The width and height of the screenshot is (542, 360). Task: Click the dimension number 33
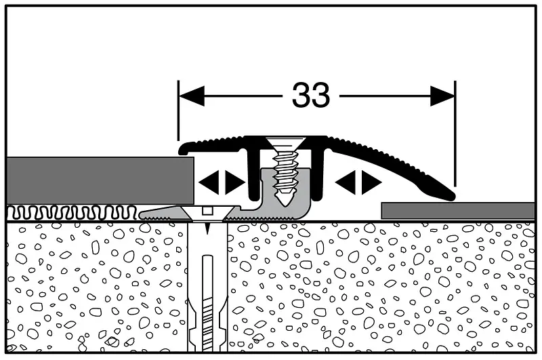tap(311, 95)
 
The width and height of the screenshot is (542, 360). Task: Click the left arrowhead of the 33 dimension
tap(192, 96)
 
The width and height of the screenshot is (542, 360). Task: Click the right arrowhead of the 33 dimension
tap(443, 96)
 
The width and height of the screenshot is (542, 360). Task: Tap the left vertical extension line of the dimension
tap(178, 111)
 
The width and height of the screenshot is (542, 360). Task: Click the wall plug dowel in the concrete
tap(207, 287)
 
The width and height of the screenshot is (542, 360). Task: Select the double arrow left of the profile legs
tap(222, 182)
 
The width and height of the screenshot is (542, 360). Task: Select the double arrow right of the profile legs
tap(358, 182)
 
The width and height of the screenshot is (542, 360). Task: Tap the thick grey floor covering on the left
tap(100, 180)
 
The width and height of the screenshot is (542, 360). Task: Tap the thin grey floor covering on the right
tap(458, 211)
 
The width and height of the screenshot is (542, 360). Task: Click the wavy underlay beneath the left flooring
tap(72, 212)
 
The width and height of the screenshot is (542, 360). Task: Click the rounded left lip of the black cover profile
tap(184, 148)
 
